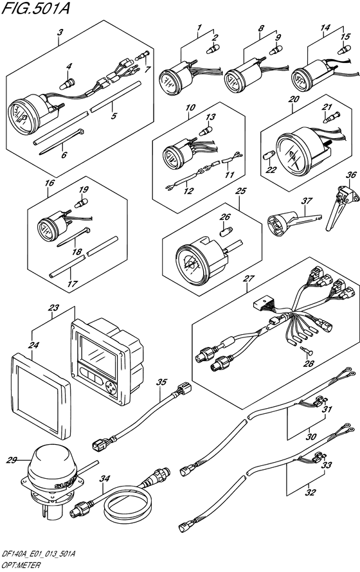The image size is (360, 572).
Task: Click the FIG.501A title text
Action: [x=35, y=8]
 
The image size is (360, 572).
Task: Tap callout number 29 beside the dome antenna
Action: [x=12, y=460]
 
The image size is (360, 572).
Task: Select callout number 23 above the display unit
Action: [x=53, y=308]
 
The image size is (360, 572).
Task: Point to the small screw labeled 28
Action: [x=307, y=350]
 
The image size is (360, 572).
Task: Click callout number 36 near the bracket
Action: [x=351, y=175]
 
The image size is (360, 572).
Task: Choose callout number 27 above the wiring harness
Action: [x=249, y=279]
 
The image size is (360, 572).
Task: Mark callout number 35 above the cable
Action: [x=161, y=382]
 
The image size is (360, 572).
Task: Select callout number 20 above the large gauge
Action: [x=294, y=99]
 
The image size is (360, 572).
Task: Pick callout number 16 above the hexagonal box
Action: [x=50, y=183]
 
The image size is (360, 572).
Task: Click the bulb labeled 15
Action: [x=344, y=49]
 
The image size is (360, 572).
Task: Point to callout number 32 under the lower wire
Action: [x=310, y=492]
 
